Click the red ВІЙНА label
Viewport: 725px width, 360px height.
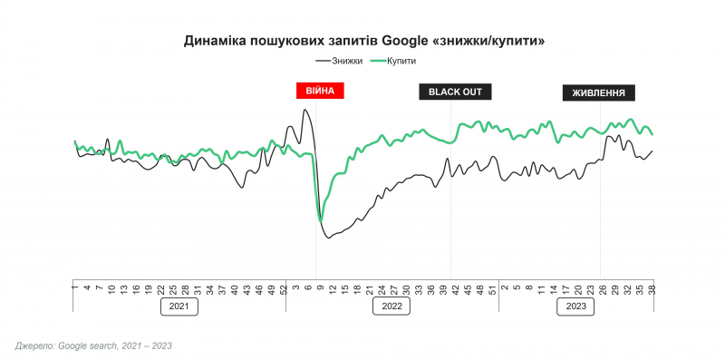321,91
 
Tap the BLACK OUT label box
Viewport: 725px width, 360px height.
455,92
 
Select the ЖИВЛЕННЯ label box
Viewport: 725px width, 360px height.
599,92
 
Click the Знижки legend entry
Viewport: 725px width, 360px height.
339,61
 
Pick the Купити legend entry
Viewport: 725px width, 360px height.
394,61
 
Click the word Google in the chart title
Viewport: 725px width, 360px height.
404,41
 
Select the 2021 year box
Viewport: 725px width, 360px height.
179,306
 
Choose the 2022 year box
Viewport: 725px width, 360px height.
392,306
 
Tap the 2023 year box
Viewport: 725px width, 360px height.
575,306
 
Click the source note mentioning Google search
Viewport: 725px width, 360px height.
93,346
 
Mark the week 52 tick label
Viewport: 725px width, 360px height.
284,290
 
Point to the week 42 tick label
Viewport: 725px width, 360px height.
455,290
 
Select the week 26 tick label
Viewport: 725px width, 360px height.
603,290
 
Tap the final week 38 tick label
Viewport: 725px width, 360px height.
652,290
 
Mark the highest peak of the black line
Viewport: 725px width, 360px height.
304,110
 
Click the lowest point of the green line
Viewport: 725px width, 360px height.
321,220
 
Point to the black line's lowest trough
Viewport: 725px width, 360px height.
329,238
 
